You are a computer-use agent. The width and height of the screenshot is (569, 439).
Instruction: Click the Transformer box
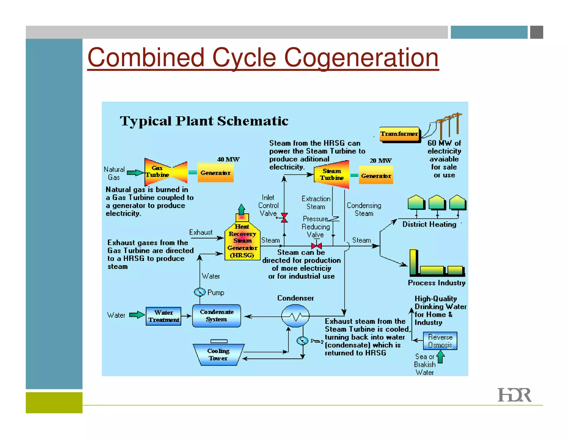(x=400, y=134)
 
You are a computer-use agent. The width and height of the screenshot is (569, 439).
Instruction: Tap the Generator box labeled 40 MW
(x=215, y=173)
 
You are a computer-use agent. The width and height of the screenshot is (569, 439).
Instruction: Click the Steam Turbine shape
(x=331, y=175)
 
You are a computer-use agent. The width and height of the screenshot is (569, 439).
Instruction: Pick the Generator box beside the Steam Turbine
(x=376, y=175)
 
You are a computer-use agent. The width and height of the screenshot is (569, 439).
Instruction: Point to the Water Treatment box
(x=163, y=316)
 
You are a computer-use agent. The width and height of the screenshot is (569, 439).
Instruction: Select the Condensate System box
(x=216, y=316)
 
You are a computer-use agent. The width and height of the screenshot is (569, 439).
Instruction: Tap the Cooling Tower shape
(x=218, y=355)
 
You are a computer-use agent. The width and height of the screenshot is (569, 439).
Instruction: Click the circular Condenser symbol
(x=295, y=316)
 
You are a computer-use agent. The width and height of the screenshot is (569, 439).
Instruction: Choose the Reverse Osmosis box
(x=440, y=341)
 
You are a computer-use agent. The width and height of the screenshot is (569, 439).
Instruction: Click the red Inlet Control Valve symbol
(x=284, y=218)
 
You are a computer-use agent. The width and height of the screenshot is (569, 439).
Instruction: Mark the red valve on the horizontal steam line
(x=316, y=246)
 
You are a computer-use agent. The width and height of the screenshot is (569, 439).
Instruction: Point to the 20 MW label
(x=380, y=161)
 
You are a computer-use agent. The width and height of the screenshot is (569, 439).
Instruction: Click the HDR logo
(x=514, y=395)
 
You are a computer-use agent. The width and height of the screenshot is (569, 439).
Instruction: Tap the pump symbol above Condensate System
(x=199, y=292)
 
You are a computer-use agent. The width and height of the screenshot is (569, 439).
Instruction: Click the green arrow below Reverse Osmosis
(x=440, y=357)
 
